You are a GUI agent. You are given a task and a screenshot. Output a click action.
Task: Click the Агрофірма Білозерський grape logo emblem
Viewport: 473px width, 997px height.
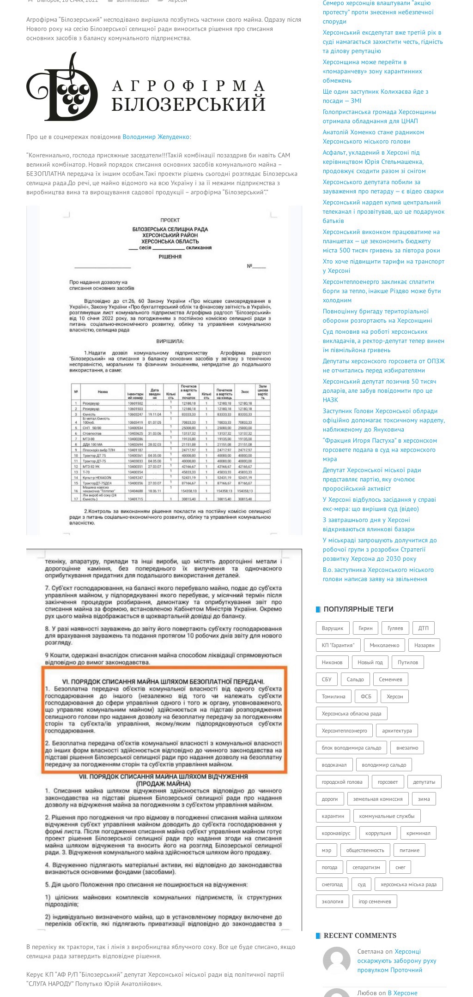[62, 87]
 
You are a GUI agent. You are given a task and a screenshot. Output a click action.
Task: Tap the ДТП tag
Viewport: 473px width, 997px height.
[423, 628]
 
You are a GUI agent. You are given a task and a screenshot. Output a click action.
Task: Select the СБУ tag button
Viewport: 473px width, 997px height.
[327, 679]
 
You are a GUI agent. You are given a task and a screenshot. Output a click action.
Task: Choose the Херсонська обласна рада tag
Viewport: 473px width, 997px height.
[352, 714]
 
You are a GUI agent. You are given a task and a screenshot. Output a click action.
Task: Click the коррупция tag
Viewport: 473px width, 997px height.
[378, 833]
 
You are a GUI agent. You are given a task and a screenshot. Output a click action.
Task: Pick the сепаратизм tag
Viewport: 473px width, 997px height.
[366, 867]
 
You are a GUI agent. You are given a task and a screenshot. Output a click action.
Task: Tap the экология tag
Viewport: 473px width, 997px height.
[333, 901]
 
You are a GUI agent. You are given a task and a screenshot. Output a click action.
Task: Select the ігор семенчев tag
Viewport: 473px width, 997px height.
[375, 901]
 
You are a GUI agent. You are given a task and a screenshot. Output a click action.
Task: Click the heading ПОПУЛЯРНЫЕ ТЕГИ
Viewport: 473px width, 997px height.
[358, 609]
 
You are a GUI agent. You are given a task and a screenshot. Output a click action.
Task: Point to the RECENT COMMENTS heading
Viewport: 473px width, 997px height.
[360, 936]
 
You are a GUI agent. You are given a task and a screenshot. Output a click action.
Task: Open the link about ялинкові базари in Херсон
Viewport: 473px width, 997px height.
[368, 524]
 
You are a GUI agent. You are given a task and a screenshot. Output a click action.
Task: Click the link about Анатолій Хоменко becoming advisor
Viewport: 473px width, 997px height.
[373, 137]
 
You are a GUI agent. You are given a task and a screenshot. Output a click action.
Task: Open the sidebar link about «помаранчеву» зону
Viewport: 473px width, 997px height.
[372, 71]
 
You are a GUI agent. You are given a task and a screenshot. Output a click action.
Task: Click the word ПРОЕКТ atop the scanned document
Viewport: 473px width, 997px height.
[170, 220]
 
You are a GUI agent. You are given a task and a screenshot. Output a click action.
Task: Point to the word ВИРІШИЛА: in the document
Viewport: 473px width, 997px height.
[170, 342]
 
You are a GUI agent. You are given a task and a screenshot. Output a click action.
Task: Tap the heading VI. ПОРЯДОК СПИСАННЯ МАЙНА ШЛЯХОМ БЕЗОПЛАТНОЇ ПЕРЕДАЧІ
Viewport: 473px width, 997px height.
[163, 681]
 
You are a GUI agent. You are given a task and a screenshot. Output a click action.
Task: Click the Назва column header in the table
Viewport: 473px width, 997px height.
[103, 391]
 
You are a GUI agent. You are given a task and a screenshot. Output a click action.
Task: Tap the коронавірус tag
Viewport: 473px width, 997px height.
[336, 833]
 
